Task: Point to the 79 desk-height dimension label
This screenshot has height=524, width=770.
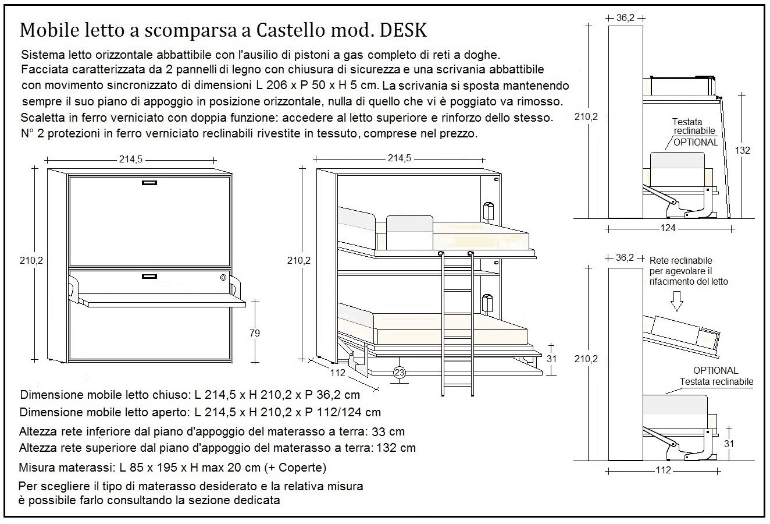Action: pyautogui.click(x=254, y=333)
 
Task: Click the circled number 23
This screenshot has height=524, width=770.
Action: pyautogui.click(x=400, y=373)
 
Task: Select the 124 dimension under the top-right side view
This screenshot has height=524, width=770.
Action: pyautogui.click(x=668, y=228)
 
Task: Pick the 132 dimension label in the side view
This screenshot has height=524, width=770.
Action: pyautogui.click(x=742, y=150)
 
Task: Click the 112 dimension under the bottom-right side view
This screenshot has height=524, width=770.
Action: pyautogui.click(x=663, y=470)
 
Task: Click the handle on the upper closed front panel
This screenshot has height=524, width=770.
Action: pyautogui.click(x=150, y=183)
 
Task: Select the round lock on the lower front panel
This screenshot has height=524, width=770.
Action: pyautogui.click(x=224, y=278)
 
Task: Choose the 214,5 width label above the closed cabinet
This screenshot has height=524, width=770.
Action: pyautogui.click(x=131, y=160)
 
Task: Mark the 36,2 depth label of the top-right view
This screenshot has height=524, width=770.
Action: pyautogui.click(x=625, y=18)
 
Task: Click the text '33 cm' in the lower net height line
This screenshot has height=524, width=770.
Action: pyautogui.click(x=388, y=432)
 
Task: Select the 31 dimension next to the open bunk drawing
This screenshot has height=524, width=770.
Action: pyautogui.click(x=552, y=359)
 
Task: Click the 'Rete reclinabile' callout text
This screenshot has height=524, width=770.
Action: pyautogui.click(x=680, y=260)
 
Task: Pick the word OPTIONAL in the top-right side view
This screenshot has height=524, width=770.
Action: pyautogui.click(x=696, y=142)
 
